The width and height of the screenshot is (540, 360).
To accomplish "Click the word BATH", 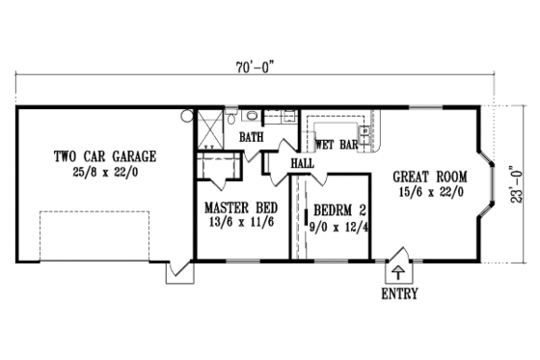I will point(252,138).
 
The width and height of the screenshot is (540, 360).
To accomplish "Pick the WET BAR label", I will point(337,145).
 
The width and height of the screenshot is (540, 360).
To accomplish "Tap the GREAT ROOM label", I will point(430,177).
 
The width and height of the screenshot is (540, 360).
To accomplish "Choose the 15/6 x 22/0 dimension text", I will point(430,192).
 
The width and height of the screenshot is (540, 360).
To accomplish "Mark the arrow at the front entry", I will point(399,271).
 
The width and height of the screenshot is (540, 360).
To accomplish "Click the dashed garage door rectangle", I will point(94,235).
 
